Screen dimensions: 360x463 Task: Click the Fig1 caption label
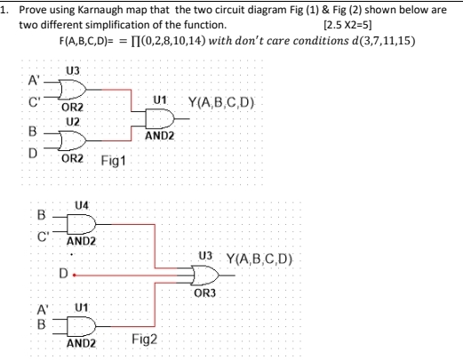(x=114, y=162)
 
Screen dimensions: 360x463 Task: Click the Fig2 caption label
(x=144, y=340)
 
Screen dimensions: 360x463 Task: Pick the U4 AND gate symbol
(x=80, y=221)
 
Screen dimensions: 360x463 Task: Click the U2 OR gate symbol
(x=72, y=140)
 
